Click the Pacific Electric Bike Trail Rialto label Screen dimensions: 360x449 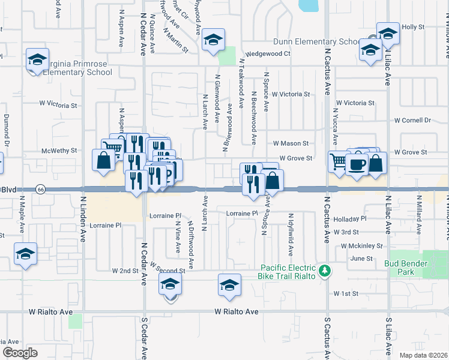click(288, 271)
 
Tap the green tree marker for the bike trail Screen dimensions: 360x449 click(325, 271)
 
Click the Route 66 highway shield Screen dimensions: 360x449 click(40, 189)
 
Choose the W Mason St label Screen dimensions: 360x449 click(291, 143)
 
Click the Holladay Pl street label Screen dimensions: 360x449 click(351, 219)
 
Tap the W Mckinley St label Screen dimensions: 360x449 click(361, 245)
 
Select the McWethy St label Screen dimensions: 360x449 click(58, 151)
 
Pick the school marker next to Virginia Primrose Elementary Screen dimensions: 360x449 click(37, 60)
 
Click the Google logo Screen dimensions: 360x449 click(20, 353)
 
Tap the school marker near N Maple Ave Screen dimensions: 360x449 click(25, 254)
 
